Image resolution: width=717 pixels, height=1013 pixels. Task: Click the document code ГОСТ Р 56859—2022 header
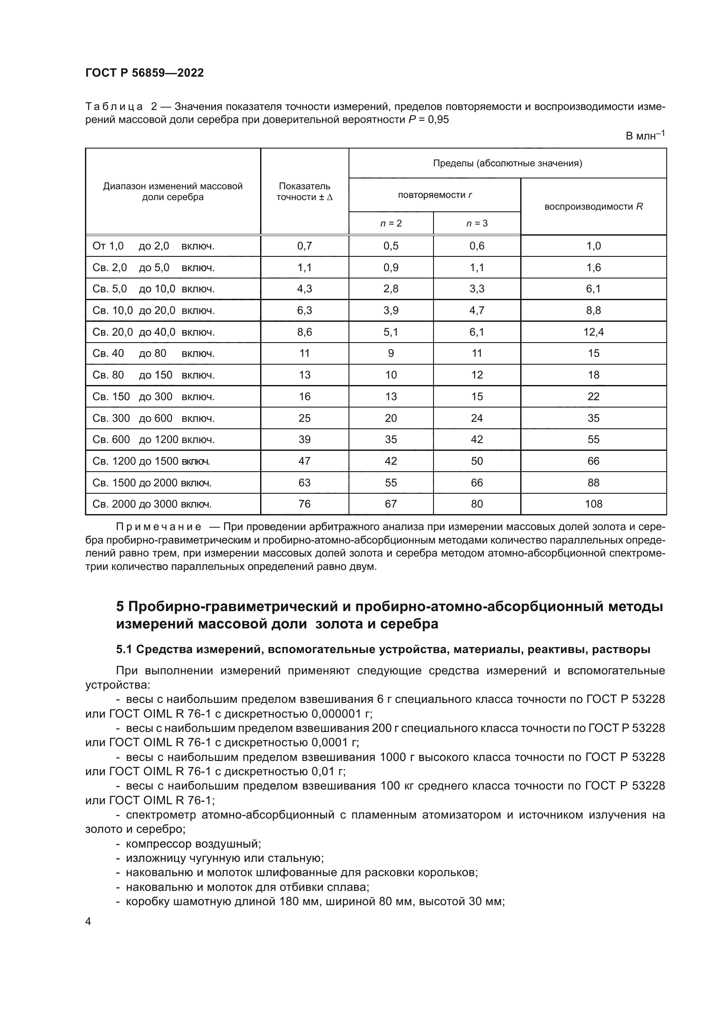144,73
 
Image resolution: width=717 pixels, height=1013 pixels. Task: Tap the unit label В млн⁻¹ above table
645,136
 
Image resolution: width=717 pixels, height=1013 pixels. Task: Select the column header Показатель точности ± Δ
305,191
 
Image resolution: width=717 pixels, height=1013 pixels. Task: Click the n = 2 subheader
391,223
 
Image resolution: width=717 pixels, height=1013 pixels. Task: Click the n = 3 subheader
477,223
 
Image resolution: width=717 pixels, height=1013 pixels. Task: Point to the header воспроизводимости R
593,207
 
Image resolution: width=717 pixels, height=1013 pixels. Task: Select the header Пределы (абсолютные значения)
507,163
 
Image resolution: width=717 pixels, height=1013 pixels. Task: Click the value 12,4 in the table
593,332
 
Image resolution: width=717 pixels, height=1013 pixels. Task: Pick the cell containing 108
593,504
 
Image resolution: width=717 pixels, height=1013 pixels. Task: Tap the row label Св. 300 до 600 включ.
153,418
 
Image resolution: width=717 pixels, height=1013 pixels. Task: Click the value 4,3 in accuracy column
305,288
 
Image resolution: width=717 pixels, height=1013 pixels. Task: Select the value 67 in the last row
391,504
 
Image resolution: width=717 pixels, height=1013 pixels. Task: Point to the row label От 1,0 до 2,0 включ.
153,246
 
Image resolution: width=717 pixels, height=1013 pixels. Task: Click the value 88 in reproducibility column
593,482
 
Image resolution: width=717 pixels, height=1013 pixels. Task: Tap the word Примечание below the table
159,527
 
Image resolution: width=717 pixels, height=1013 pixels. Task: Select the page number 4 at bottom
88,921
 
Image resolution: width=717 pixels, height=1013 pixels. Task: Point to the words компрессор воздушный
193,844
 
